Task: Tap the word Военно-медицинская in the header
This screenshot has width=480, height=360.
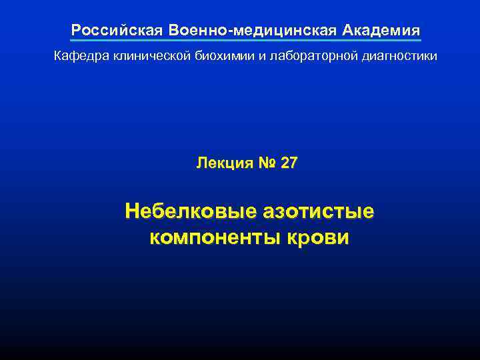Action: (254, 31)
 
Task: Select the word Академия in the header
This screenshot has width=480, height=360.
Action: (382, 31)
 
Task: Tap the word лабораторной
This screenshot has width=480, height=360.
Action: (306, 57)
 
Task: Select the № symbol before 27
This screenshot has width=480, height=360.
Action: (266, 163)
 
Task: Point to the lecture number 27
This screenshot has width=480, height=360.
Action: (290, 163)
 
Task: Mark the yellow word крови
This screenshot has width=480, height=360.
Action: (319, 237)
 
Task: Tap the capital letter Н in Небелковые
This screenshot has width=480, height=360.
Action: (132, 211)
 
